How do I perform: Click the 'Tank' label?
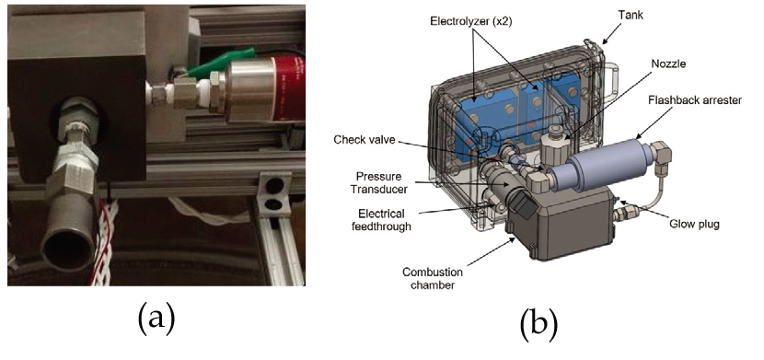click(x=631, y=15)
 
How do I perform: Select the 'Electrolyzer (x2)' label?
click(x=471, y=21)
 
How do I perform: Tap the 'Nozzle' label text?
click(x=667, y=64)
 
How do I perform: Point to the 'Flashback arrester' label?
click(x=695, y=100)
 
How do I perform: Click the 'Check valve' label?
click(x=365, y=140)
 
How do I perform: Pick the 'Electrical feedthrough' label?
click(x=381, y=220)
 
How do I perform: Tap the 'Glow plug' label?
click(x=694, y=224)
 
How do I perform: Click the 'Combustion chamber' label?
click(x=433, y=279)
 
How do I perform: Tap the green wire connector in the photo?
click(x=221, y=62)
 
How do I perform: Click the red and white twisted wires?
click(x=102, y=241)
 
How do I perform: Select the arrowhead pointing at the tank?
click(x=602, y=41)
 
